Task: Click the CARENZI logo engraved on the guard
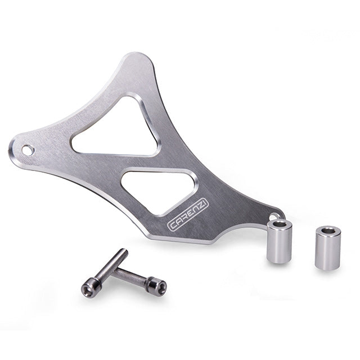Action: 188,215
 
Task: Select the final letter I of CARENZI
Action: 205,202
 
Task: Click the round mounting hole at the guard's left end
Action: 28,150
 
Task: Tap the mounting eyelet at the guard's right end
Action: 275,216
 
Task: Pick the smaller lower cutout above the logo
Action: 159,190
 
